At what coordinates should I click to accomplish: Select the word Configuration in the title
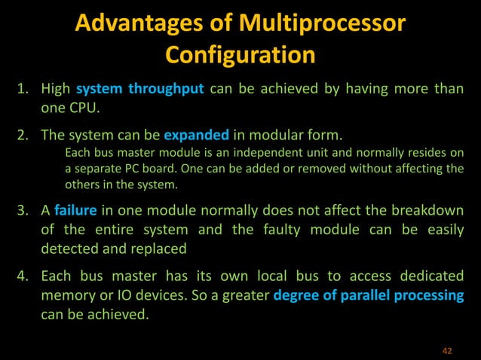pyautogui.click(x=240, y=55)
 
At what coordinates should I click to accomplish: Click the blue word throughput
pyautogui.click(x=166, y=90)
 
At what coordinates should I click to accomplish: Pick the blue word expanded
pyautogui.click(x=196, y=136)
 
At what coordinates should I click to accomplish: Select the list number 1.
pyautogui.click(x=23, y=90)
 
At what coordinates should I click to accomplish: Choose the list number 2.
pyautogui.click(x=23, y=136)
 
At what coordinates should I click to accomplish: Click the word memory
pyautogui.click(x=69, y=294)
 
